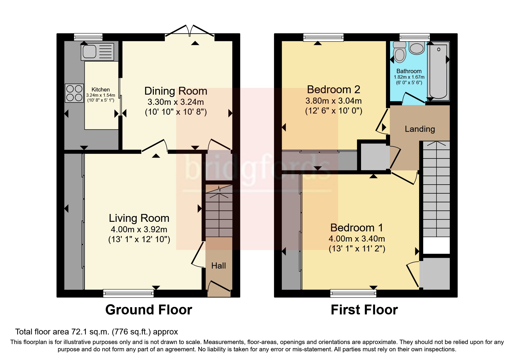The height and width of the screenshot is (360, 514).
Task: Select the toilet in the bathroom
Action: [x=400, y=53]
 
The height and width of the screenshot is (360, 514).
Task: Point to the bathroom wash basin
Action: [x=417, y=48]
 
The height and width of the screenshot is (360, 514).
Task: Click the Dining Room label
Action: [x=176, y=91]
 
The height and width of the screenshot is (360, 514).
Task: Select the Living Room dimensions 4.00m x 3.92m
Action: [x=139, y=229]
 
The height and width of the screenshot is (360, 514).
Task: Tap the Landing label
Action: [x=420, y=129]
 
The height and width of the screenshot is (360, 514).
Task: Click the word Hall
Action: [x=219, y=266]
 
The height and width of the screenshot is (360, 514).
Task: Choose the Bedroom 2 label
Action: [x=333, y=89]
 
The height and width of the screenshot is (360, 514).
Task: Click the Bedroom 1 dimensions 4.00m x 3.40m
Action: [x=357, y=239]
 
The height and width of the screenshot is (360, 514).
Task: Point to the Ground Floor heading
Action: [x=149, y=310]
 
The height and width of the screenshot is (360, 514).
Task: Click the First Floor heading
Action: [x=364, y=310]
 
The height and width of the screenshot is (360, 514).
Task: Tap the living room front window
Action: [x=129, y=294]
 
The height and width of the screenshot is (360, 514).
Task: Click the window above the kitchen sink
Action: [x=88, y=37]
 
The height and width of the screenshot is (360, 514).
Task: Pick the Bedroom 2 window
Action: [x=323, y=37]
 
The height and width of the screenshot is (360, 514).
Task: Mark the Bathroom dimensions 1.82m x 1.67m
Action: [x=409, y=77]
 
